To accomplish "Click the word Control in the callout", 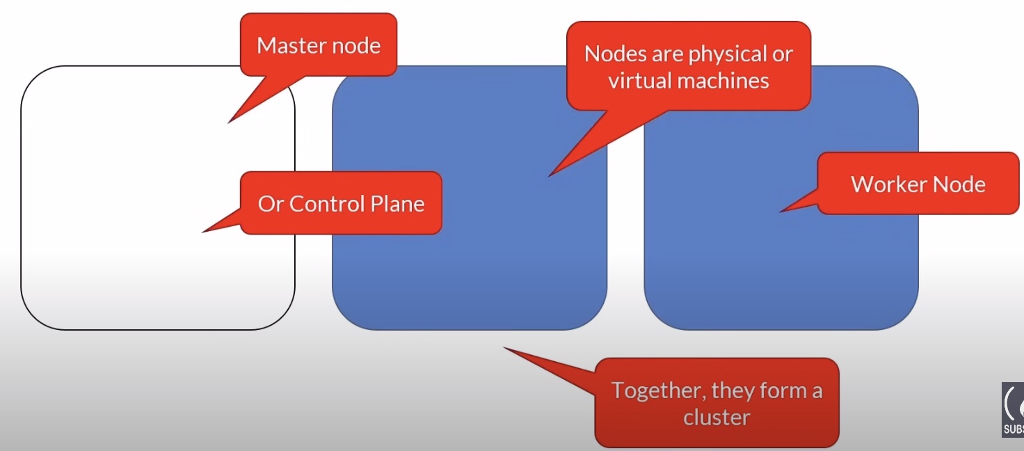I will (x=319, y=204).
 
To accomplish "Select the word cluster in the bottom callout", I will (x=717, y=418).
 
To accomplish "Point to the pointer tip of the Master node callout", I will (x=230, y=122).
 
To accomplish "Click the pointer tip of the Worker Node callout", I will (x=781, y=211).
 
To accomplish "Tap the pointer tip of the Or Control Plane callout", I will (x=203, y=231).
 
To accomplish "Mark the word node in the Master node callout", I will (x=357, y=46).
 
